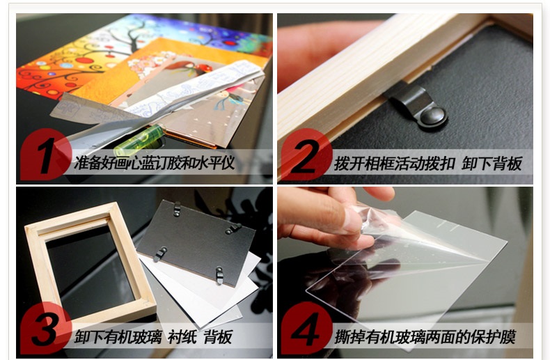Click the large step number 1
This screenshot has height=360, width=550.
47,155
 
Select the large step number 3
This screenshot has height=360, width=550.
45,329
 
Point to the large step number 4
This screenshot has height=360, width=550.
306,329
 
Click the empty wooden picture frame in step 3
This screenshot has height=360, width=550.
89,261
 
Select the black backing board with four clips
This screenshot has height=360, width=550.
196,242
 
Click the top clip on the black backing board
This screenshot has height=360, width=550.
177,209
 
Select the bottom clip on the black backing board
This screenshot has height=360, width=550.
219,276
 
